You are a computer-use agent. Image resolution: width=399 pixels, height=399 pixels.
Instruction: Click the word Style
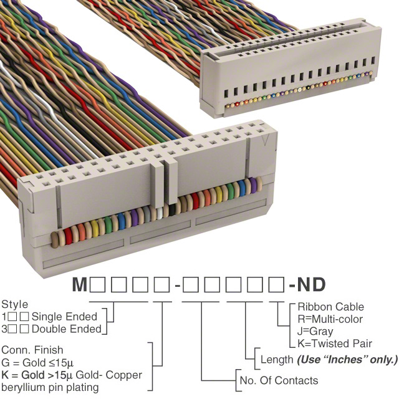pyautogui.click(x=14, y=305)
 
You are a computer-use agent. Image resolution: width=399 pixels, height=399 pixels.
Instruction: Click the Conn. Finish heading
pyautogui.click(x=32, y=350)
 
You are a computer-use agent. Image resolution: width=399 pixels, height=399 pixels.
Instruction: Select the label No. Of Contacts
pyautogui.click(x=278, y=380)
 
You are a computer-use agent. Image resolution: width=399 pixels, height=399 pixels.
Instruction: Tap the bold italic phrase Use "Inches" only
pyautogui.click(x=347, y=360)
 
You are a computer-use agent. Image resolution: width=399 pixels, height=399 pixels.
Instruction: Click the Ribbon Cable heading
pyautogui.click(x=330, y=307)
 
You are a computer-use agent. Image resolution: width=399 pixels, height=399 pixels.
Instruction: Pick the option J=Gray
pyautogui.click(x=315, y=331)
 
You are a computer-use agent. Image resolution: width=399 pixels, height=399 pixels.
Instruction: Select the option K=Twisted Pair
pyautogui.click(x=335, y=344)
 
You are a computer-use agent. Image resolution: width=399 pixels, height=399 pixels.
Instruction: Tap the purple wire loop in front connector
pyautogui.click(x=252, y=186)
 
